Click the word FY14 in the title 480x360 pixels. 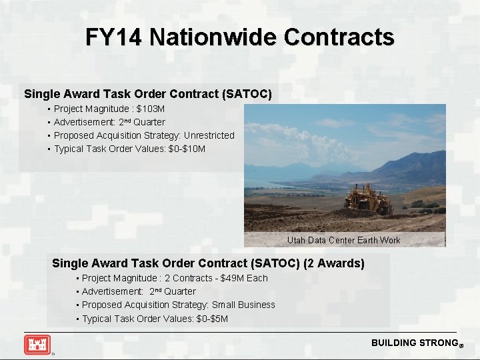(113, 37)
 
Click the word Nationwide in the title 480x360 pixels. (213, 37)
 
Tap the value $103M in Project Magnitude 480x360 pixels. (151, 109)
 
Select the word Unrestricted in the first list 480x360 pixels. (209, 135)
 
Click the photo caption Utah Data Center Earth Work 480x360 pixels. (343, 240)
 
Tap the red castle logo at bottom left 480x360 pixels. (37, 344)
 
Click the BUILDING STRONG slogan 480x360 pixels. (414, 343)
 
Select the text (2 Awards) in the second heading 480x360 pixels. (334, 263)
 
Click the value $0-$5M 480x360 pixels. (213, 319)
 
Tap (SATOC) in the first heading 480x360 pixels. (249, 94)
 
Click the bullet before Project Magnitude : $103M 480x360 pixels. (49, 109)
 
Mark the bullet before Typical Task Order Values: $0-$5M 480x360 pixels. (77, 319)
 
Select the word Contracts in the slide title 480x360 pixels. (339, 37)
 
